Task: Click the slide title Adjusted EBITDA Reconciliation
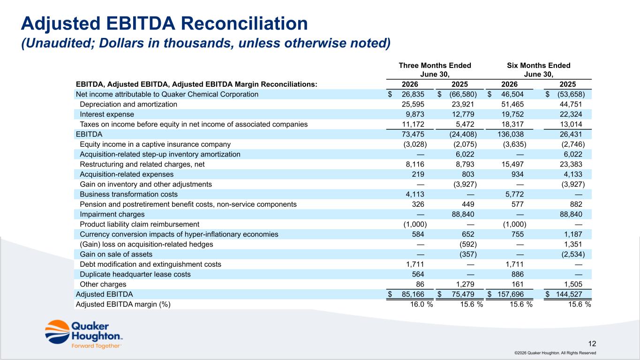(164, 23)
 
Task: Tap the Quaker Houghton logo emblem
(57, 332)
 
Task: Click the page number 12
(592, 344)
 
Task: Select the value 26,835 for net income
(413, 94)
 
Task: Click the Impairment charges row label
(112, 214)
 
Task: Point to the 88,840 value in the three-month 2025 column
(463, 214)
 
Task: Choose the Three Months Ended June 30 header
(435, 70)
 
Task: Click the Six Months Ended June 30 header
(539, 70)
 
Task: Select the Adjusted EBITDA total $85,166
(406, 294)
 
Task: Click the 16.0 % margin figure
(422, 304)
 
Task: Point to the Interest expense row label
(107, 114)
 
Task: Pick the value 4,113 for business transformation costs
(415, 194)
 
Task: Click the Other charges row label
(103, 284)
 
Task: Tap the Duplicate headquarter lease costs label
(135, 274)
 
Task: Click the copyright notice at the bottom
(555, 353)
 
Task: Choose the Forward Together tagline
(96, 346)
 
